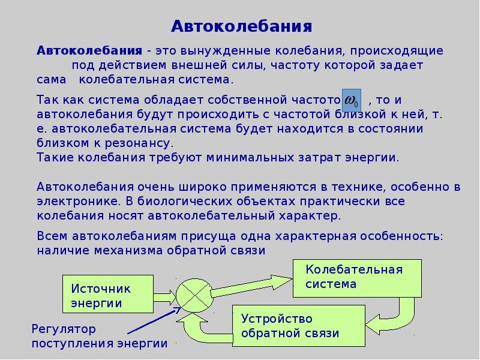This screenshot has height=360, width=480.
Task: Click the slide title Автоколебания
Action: [x=242, y=26]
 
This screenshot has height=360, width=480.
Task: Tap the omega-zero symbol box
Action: [x=352, y=98]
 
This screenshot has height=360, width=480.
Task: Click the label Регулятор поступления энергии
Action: [x=99, y=337]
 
